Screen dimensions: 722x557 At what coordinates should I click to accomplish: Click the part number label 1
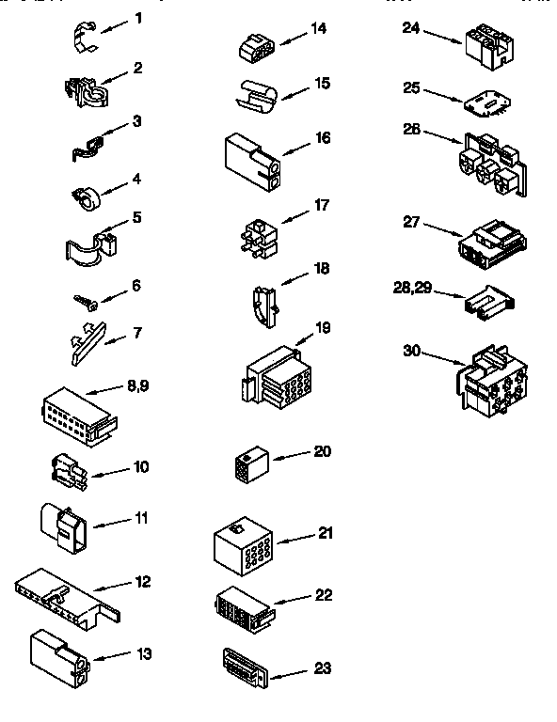138,17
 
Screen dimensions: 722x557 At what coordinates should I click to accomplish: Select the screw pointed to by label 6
86,301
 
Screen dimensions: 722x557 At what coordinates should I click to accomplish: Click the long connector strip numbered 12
66,596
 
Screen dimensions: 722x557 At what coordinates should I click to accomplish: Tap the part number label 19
323,328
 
